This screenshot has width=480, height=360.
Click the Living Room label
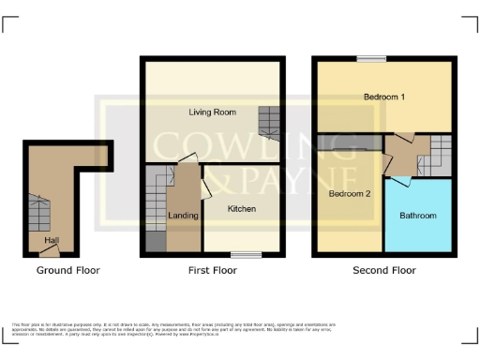[211, 112]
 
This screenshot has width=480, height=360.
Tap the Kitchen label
[242, 208]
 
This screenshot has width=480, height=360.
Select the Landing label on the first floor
[182, 216]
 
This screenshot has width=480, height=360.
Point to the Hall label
[52, 241]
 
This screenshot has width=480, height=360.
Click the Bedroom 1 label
[384, 97]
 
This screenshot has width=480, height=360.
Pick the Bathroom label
[418, 216]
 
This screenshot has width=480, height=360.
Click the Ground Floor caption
[67, 270]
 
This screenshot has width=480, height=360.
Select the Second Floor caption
[384, 270]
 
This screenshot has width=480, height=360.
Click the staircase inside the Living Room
[268, 122]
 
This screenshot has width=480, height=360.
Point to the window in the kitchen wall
[247, 253]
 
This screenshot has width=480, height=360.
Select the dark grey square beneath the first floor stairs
[154, 241]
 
